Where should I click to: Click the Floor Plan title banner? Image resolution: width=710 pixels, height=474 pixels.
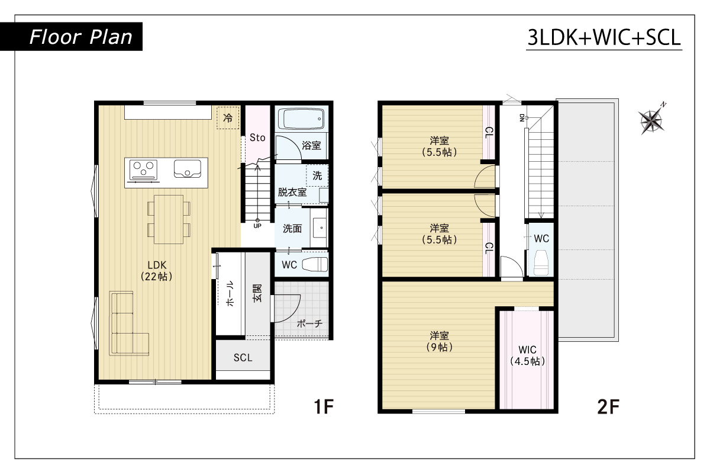[71, 37]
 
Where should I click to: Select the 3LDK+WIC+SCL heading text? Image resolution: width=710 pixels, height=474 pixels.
[604, 37]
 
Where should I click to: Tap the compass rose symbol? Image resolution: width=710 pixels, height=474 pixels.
[652, 120]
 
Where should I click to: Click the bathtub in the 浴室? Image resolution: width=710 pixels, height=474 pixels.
[301, 119]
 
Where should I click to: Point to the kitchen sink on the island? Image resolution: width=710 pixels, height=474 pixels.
[188, 169]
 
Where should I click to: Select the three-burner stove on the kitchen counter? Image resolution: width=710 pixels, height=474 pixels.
[143, 170]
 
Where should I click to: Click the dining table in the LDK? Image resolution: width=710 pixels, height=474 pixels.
[169, 219]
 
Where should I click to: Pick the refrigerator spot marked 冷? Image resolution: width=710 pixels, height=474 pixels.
[228, 118]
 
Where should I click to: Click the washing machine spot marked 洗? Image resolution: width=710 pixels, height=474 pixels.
[317, 175]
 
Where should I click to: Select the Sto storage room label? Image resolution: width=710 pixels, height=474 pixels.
[257, 137]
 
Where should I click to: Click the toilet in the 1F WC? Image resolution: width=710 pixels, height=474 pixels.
[315, 264]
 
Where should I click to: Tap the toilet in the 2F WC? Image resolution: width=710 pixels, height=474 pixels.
[541, 262]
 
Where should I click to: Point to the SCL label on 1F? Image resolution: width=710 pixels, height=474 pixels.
[243, 358]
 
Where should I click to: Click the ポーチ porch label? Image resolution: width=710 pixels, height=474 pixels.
[309, 324]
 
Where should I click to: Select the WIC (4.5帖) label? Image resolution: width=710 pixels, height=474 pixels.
[527, 355]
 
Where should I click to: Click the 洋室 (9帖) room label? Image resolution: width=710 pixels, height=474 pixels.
[439, 341]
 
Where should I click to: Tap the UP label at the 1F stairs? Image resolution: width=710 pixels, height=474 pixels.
[257, 226]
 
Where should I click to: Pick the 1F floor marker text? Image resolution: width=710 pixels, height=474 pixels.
[324, 406]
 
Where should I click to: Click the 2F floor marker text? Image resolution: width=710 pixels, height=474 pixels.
[608, 406]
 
